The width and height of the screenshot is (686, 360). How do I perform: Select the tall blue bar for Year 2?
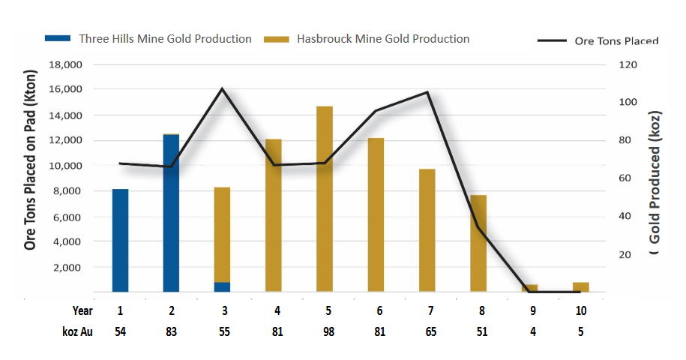pyautogui.click(x=171, y=213)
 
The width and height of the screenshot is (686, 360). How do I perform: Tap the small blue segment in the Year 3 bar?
pyautogui.click(x=222, y=286)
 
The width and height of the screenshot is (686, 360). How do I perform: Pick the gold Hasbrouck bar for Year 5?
pyautogui.click(x=324, y=199)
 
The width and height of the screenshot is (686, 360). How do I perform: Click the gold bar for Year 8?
pyautogui.click(x=478, y=243)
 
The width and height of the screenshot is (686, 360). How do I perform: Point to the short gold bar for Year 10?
pyautogui.click(x=580, y=286)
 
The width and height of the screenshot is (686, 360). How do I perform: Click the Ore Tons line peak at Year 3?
pyautogui.click(x=222, y=88)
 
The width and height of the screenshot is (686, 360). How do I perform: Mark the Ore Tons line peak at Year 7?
pyautogui.click(x=427, y=92)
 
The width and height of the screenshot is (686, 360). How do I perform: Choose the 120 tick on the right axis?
pyautogui.click(x=627, y=64)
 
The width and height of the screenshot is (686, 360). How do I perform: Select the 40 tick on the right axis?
pyautogui.click(x=625, y=217)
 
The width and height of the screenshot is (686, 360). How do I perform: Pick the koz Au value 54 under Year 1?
pyautogui.click(x=120, y=332)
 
